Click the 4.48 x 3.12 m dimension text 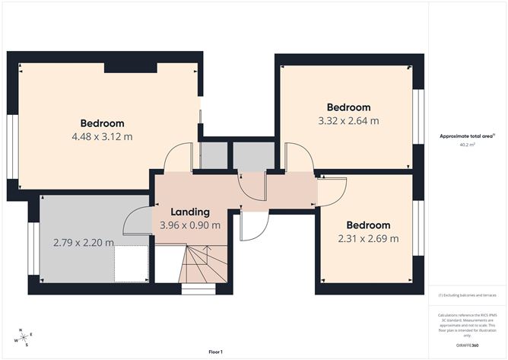point(102,137)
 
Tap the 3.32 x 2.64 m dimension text point(348,120)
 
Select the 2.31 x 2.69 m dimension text point(368,238)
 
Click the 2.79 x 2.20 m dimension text point(84,243)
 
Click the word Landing point(189,212)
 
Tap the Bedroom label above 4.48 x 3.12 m point(102,123)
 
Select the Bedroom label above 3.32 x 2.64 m point(348,107)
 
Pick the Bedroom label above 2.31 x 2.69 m point(368,225)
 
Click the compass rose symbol point(24,336)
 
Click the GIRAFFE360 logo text point(467,346)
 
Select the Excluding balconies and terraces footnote point(467,295)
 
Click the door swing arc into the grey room point(136,221)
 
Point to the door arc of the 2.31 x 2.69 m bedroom point(333,190)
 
